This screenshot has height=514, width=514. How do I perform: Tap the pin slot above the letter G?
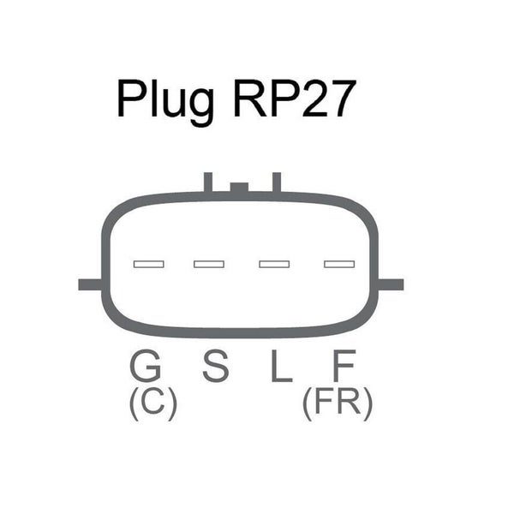point(146,264)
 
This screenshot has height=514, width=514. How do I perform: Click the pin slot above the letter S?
point(209,264)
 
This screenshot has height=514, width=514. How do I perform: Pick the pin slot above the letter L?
point(274,264)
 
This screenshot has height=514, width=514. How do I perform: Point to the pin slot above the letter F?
point(339,264)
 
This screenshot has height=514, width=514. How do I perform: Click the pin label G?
point(146,368)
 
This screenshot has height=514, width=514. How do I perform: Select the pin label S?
point(216,368)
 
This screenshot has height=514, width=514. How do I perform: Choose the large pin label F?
point(344,368)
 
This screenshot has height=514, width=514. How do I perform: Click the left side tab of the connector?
point(89,284)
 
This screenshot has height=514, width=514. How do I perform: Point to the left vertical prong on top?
point(207,182)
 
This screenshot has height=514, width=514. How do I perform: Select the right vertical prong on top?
point(277,182)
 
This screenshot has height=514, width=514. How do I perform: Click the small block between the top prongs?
point(241,188)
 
